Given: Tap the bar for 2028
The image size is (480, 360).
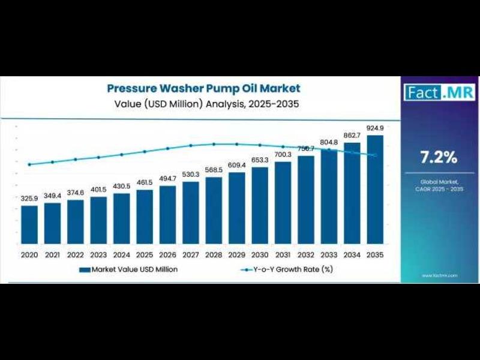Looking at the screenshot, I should [214, 210].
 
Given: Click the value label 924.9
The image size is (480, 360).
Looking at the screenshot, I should [375, 128].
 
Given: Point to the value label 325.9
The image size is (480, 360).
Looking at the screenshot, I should [29, 198].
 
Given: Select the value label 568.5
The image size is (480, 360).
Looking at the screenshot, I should [214, 170].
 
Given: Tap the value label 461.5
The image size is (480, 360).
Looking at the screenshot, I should [145, 182].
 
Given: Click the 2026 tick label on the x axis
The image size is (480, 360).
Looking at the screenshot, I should [167, 255].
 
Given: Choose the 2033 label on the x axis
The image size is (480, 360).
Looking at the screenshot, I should [329, 255].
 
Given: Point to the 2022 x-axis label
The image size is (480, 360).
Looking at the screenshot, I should [76, 255].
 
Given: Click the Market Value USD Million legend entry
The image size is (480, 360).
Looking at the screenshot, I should [128, 269].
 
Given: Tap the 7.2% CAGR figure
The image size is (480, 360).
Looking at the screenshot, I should [439, 158].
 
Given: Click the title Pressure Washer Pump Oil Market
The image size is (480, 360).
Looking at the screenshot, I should [203, 88].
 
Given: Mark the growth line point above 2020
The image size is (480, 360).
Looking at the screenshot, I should [29, 164].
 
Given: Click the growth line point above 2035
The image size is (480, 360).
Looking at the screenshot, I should [375, 155].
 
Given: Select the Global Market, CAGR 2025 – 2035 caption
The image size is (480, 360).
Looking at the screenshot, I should [439, 185].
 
